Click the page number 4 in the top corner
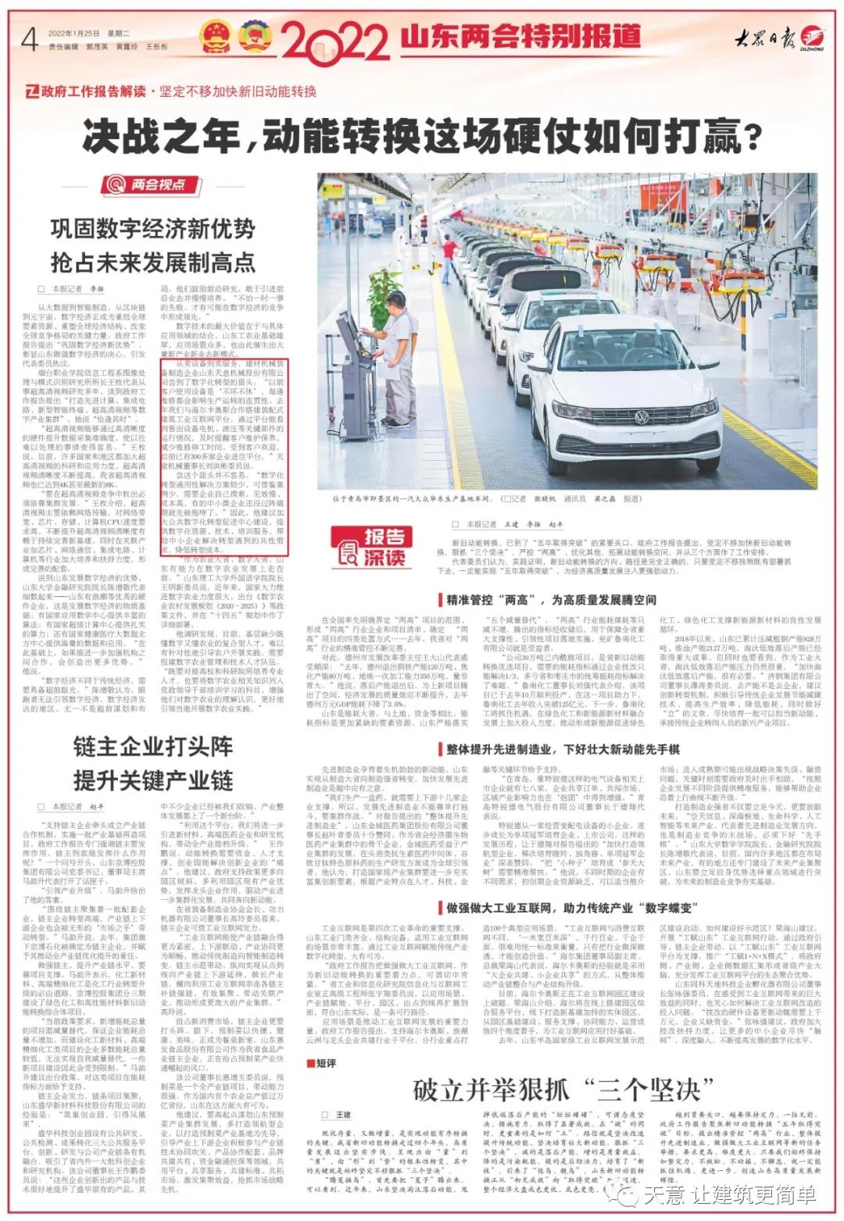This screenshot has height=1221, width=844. pos(30,37)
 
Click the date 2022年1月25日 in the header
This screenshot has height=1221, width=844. pos(74,34)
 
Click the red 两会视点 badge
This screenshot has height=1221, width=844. pos(147,184)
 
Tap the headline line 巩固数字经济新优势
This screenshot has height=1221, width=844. pos(153,228)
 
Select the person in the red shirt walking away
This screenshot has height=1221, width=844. pos(596,273)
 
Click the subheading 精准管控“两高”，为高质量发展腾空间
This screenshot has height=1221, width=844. pos(551,600)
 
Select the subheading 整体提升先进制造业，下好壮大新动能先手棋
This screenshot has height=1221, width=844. pos(563,749)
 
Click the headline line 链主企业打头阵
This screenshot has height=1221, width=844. pos(153,746)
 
